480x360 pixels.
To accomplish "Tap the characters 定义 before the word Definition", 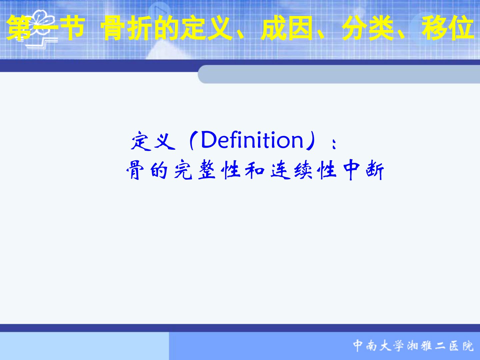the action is click(x=153, y=141).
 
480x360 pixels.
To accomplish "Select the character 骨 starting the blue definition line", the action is click(x=135, y=170).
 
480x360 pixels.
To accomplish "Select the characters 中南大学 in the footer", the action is click(x=378, y=346).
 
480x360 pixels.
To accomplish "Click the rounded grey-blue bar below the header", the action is click(x=339, y=74).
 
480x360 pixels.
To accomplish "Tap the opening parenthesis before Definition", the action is click(x=192, y=141).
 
